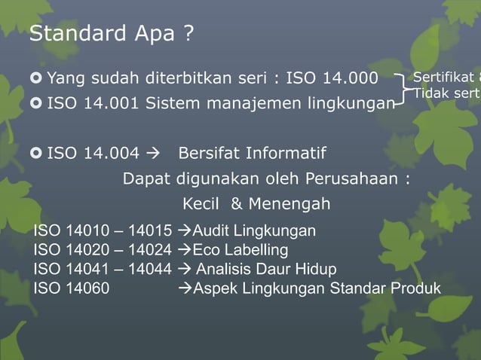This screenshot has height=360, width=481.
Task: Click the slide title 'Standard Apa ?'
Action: point(112,35)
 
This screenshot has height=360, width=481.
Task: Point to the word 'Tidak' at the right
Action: point(430,94)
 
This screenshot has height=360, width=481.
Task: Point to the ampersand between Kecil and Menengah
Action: point(237,204)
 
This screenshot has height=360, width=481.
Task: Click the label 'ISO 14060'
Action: point(71,288)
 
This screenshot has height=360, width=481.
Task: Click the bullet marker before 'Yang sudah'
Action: point(36,78)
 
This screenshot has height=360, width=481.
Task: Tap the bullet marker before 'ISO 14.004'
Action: point(36,154)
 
